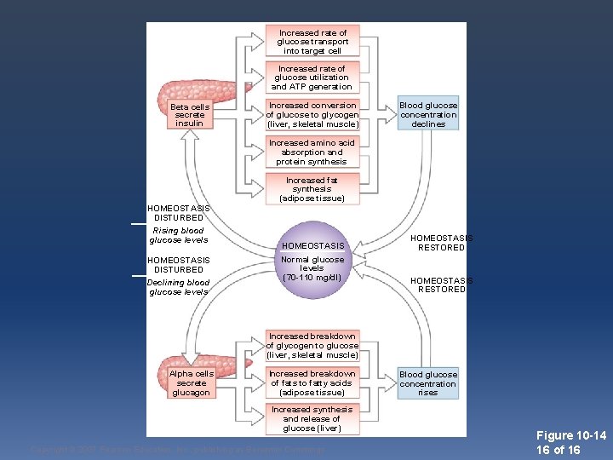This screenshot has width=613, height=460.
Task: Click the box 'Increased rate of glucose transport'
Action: [x=312, y=42]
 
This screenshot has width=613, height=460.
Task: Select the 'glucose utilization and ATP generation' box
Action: [x=312, y=78]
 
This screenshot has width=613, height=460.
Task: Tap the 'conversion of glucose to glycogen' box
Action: [x=312, y=115]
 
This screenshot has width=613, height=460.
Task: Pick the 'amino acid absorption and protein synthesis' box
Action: [x=312, y=152]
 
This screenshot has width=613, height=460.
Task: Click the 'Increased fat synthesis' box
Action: [x=312, y=189]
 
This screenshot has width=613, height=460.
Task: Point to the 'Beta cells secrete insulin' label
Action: [x=189, y=115]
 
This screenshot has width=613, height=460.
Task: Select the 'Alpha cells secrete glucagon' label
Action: [x=192, y=383]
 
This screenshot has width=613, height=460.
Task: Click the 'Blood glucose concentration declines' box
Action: [x=428, y=115]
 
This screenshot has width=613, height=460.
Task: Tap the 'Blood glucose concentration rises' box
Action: [x=428, y=383]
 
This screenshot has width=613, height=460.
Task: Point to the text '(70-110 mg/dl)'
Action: [x=312, y=278]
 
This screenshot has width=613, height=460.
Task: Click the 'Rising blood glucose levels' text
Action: [x=178, y=235]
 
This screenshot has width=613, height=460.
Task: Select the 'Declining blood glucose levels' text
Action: [x=178, y=287]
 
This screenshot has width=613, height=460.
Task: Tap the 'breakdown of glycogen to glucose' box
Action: [x=312, y=346]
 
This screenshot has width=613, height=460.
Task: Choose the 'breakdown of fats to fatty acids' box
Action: [x=312, y=383]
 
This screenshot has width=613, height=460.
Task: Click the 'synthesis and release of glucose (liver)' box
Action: [x=312, y=419]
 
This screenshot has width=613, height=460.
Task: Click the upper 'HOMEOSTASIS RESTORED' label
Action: [x=442, y=243]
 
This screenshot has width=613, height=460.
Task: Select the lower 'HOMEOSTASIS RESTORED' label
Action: [x=442, y=285]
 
